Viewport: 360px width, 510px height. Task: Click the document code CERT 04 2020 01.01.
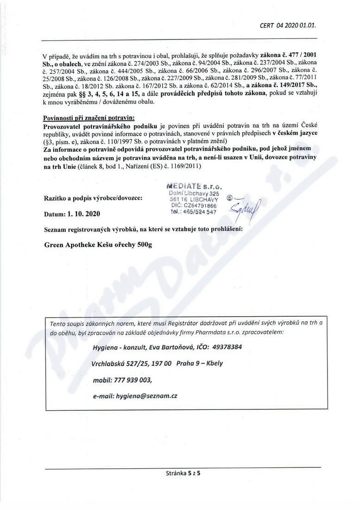289,25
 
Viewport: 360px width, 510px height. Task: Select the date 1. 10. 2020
81,215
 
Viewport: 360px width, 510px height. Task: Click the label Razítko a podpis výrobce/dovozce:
93,198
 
